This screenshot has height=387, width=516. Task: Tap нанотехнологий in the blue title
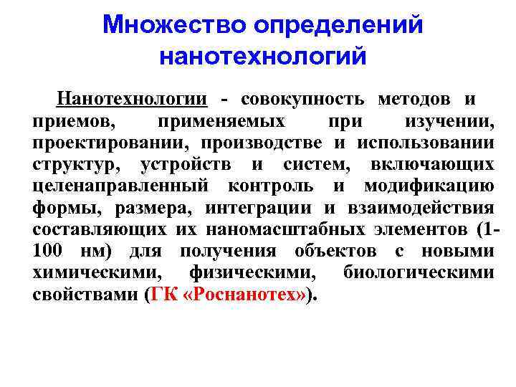coord(262,55)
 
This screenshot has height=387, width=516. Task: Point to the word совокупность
coord(302,99)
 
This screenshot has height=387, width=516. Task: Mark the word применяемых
coord(221,121)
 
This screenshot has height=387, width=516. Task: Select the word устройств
coord(191,165)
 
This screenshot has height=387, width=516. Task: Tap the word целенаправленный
coord(121,186)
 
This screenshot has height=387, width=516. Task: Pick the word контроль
coord(270,186)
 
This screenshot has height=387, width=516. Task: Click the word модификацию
coord(429,186)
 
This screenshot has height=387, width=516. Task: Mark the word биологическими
coord(419,273)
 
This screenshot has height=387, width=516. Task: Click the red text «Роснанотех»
coord(241,295)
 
